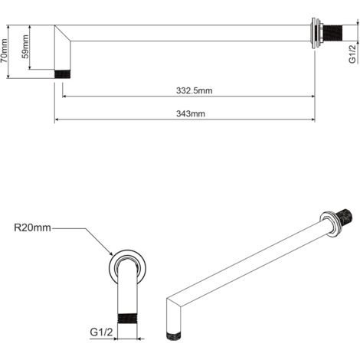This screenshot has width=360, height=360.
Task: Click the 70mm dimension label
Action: [4, 51]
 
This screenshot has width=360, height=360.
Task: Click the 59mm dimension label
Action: [25, 47]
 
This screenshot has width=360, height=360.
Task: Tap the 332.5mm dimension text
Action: [194, 90]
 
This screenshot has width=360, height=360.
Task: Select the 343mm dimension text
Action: [191, 113]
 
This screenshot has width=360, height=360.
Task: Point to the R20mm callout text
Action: [32, 227]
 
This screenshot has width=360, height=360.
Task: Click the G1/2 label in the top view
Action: [352, 54]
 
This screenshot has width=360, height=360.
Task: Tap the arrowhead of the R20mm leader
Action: [111, 254]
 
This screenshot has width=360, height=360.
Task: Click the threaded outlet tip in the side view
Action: [63, 74]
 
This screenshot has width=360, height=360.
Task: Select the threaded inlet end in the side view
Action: [332, 33]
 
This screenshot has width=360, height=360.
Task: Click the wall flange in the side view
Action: [316, 33]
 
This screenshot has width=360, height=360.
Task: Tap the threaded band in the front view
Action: [127, 318]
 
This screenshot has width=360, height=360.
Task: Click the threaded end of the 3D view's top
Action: [344, 217]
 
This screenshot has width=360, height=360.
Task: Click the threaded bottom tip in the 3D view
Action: [174, 336]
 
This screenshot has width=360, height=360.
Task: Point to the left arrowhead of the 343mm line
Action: [57, 119]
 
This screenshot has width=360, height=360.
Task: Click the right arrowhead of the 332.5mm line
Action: [312, 97]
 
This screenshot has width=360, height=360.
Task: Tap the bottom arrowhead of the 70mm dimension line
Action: [8, 76]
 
